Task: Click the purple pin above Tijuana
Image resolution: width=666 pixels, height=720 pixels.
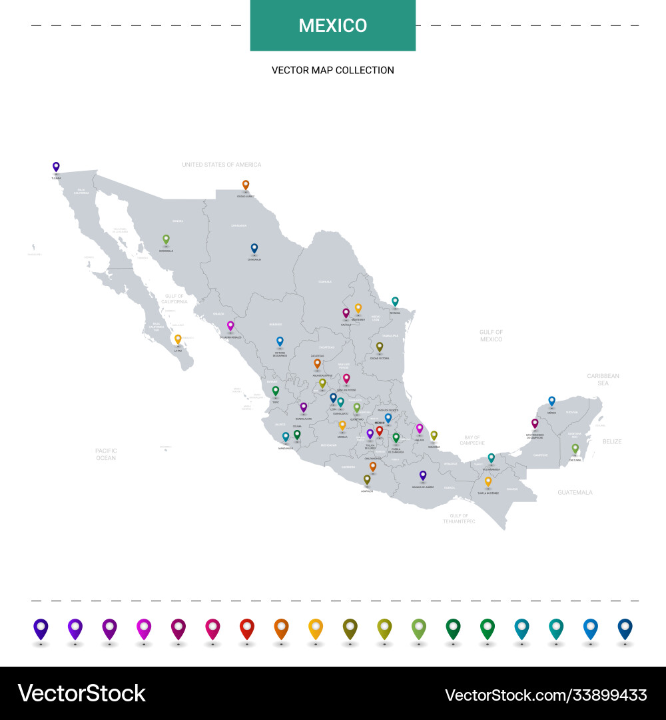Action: click(x=56, y=167)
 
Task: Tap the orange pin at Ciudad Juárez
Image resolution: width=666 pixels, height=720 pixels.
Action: click(x=246, y=185)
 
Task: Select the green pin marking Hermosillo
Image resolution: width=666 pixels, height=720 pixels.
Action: click(x=166, y=239)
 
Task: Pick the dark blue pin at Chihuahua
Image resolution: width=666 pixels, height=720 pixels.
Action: click(x=254, y=248)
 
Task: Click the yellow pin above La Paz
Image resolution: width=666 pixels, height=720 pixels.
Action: click(x=178, y=339)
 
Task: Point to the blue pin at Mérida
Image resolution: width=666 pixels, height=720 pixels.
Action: click(x=551, y=401)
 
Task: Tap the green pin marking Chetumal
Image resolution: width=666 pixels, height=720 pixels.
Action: click(x=575, y=449)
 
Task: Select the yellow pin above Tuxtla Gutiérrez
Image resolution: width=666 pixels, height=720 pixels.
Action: click(x=488, y=481)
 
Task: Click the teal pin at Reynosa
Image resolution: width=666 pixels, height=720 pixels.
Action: click(x=395, y=301)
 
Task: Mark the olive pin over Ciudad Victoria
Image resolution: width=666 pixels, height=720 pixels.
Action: click(x=380, y=347)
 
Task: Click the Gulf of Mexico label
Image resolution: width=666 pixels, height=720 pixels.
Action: click(x=491, y=335)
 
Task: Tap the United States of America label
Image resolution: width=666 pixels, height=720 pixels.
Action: click(x=222, y=165)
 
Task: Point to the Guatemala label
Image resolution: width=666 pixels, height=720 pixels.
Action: click(x=575, y=492)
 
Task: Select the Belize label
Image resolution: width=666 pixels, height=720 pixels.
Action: click(x=611, y=441)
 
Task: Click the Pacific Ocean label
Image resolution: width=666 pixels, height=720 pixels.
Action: click(x=106, y=454)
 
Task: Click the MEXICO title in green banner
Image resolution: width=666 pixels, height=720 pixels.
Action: click(x=333, y=26)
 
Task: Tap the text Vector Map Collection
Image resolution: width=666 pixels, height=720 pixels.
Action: click(x=333, y=70)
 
